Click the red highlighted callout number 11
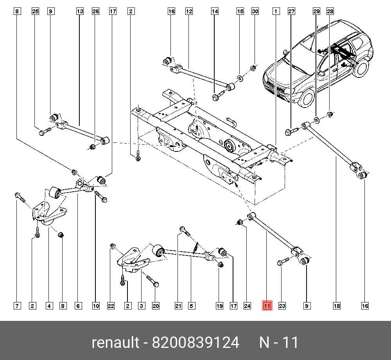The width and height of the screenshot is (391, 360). point(267,306)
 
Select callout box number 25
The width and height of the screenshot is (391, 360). point(35,12)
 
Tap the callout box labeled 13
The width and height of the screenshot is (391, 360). point(80,12)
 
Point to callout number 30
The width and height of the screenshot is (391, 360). point(255,12)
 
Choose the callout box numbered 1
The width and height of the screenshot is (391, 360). point(276,12)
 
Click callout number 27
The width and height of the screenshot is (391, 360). point(291,12)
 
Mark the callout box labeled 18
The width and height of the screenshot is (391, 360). point(336,306)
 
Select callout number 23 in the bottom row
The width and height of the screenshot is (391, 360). point(282,306)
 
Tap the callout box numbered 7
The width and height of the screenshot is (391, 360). point(17,306)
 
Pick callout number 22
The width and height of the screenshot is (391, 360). point(111,306)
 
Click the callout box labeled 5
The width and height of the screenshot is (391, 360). point(192,306)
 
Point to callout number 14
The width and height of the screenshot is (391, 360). point(215,12)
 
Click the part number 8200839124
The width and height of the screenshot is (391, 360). point(196,343)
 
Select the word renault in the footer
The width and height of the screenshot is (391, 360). point(115,343)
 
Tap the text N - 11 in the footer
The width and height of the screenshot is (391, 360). point(279,343)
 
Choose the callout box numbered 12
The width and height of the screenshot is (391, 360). point(189,12)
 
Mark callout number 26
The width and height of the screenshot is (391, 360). point(95,12)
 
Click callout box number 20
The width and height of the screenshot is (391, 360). point(156,306)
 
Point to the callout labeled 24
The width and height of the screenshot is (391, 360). point(247,306)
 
